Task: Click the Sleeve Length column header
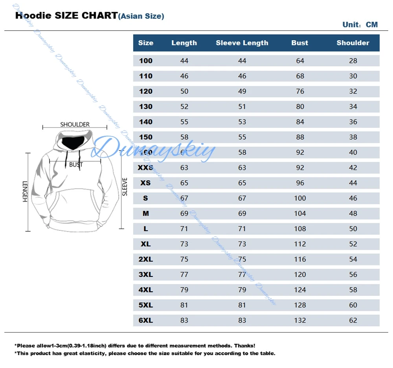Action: click(x=242, y=43)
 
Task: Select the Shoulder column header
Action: click(x=353, y=43)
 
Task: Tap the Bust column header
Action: click(x=300, y=43)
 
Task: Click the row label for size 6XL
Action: click(x=146, y=320)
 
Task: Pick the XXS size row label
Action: click(x=146, y=167)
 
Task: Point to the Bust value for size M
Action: click(x=300, y=213)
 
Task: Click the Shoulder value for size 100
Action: click(x=353, y=61)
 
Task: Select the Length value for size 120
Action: click(x=184, y=91)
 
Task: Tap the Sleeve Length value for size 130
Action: click(x=242, y=107)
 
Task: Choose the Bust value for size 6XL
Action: click(x=300, y=320)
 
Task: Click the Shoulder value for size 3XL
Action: click(x=353, y=274)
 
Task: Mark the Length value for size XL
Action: click(x=184, y=244)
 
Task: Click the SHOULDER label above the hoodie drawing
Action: click(x=75, y=124)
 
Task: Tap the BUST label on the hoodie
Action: click(x=76, y=165)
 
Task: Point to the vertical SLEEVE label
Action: click(x=125, y=187)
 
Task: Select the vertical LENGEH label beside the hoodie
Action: click(x=25, y=191)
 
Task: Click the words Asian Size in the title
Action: click(x=141, y=16)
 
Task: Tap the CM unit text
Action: click(x=372, y=25)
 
